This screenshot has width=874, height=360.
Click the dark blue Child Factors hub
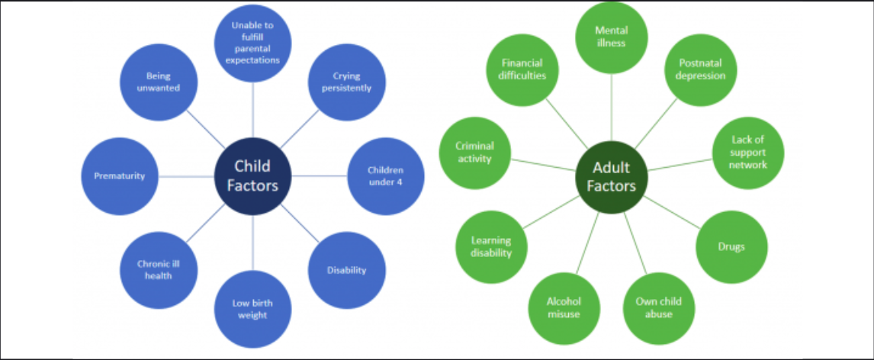point(252,175)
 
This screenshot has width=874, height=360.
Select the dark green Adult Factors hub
point(613,176)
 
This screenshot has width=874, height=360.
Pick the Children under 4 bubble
point(385,175)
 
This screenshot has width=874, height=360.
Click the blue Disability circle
point(346,270)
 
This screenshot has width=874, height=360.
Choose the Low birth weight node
point(252,308)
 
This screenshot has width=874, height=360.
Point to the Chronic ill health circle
point(159,270)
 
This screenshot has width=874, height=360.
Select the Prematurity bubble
point(120,175)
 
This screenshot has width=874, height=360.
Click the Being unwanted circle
point(159,82)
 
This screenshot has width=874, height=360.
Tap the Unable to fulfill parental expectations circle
point(252,43)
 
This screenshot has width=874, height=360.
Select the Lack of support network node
point(748,152)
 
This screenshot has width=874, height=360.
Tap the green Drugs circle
point(731,246)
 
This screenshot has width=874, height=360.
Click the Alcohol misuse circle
point(564,307)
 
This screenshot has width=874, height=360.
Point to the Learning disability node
point(492,247)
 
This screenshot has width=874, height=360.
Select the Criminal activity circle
point(474,153)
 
